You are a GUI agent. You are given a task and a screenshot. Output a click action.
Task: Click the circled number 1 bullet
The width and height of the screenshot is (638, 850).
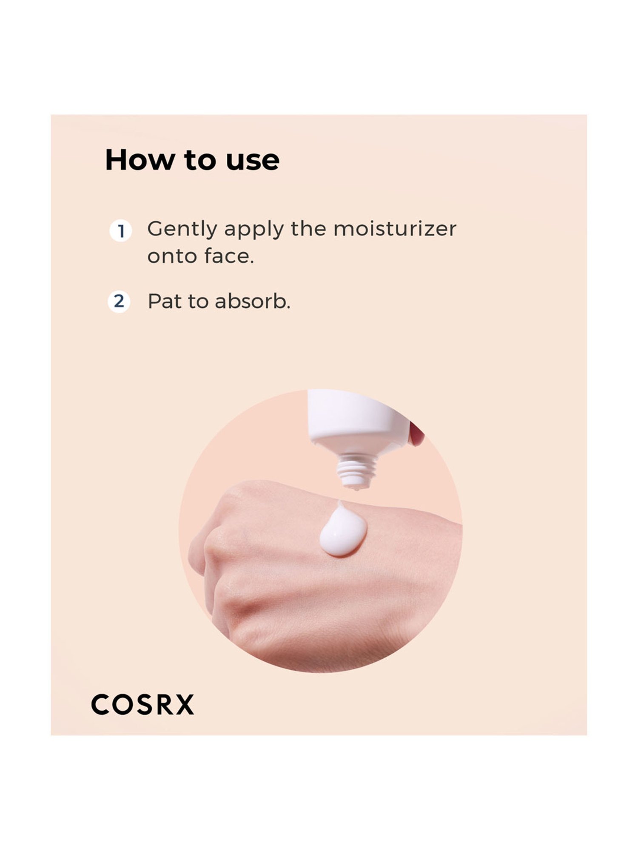[121, 231]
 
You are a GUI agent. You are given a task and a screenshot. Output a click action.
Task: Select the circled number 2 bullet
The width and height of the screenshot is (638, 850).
[119, 301]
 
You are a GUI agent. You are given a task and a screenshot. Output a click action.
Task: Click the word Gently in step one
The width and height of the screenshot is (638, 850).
[182, 229]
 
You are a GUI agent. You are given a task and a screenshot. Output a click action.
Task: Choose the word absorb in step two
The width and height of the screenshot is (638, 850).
[253, 301]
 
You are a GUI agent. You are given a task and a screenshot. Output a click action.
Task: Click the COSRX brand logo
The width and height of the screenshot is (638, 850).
[143, 705]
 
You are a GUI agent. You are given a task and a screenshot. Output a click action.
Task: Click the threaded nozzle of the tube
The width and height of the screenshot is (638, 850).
[356, 470]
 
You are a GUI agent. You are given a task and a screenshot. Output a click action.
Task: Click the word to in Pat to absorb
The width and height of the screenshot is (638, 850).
[198, 301]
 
